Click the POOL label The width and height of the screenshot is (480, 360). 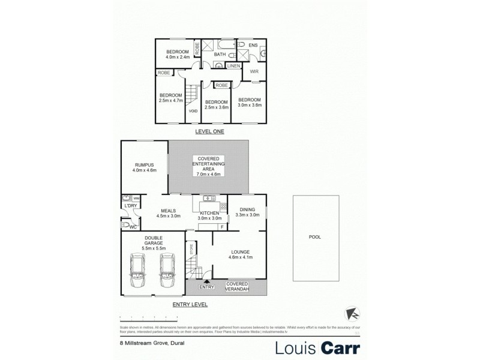(315, 237)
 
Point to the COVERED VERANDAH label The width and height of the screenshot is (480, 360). (237, 286)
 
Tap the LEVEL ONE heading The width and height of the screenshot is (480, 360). (209, 131)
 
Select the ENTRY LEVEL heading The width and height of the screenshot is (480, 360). (190, 305)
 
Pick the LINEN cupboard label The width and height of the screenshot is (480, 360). (233, 65)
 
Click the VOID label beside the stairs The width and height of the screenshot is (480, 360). (193, 111)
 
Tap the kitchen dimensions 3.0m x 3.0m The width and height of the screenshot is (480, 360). (209, 219)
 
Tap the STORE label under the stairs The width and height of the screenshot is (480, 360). (191, 248)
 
